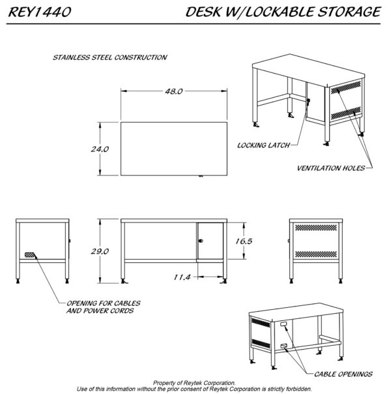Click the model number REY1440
tap(40, 12)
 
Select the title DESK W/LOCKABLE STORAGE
tap(282, 12)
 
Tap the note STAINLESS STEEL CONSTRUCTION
tap(109, 57)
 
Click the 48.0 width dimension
tap(173, 92)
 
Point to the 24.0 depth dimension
tap(100, 149)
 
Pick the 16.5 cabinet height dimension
tap(242, 241)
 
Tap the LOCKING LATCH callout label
tap(258, 145)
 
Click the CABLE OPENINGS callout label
tap(343, 374)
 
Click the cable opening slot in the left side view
tap(30, 253)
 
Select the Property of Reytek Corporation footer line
tap(194, 382)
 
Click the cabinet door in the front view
tap(210, 242)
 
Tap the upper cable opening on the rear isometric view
tap(284, 324)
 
